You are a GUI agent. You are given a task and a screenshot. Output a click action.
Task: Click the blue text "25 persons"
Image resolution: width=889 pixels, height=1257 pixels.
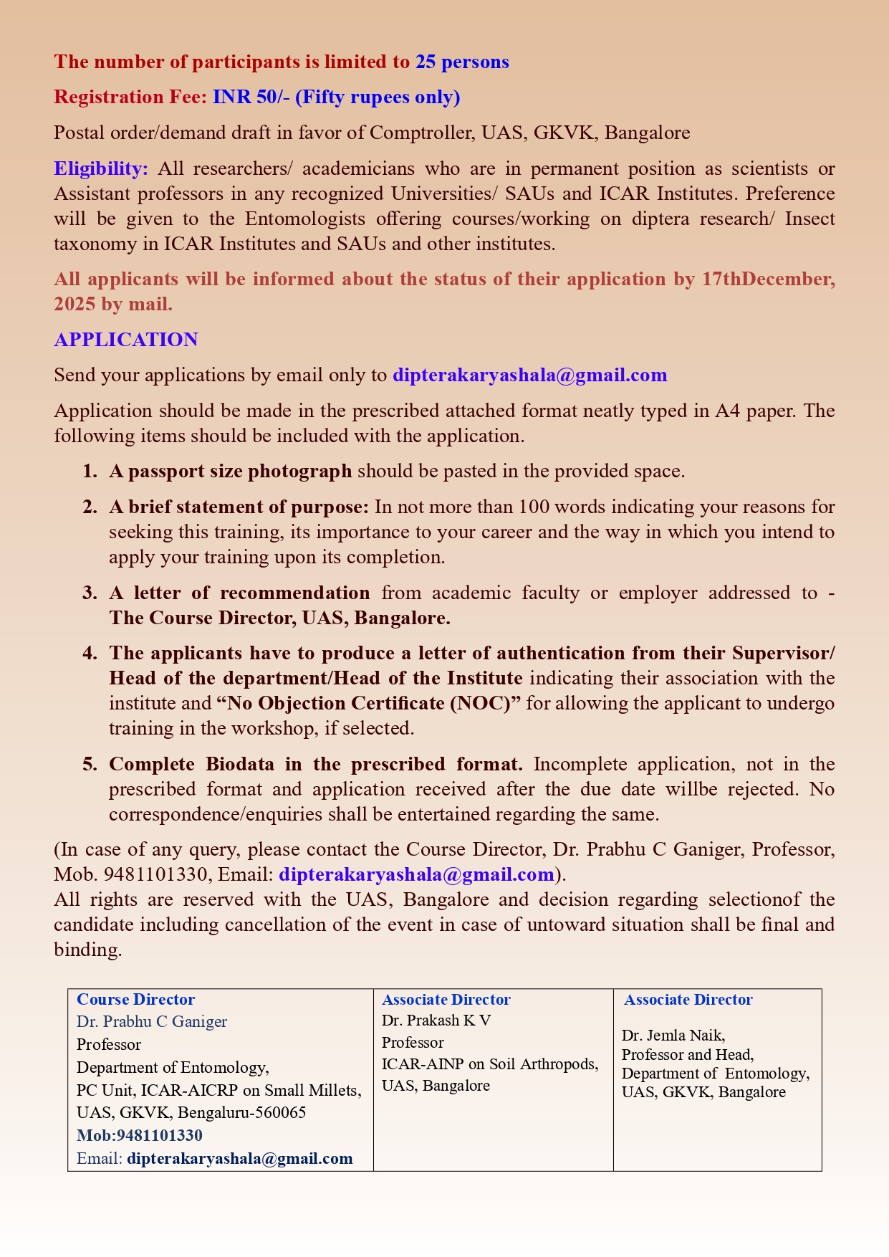pyautogui.click(x=462, y=62)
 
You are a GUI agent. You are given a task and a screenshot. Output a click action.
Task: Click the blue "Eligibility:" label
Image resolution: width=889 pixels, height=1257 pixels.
pyautogui.click(x=101, y=169)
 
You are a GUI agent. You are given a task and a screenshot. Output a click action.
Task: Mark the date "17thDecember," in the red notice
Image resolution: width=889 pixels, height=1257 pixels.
pyautogui.click(x=768, y=279)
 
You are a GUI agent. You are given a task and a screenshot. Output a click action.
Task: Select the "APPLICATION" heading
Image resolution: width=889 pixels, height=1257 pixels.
pyautogui.click(x=126, y=340)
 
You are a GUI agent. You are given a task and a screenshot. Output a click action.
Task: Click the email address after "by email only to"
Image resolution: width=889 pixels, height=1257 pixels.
pyautogui.click(x=530, y=375)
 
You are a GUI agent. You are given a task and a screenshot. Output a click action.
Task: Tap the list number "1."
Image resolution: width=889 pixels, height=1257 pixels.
pyautogui.click(x=89, y=471)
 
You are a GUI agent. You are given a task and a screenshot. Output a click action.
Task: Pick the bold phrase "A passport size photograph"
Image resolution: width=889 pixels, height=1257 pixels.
pyautogui.click(x=230, y=471)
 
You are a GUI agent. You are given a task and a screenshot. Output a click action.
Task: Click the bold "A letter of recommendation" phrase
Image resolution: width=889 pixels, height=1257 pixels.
pyautogui.click(x=239, y=593)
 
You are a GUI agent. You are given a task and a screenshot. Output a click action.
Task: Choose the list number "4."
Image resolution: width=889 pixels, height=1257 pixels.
pyautogui.click(x=89, y=653)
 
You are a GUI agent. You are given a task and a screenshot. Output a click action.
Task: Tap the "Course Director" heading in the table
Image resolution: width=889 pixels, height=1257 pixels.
pyautogui.click(x=135, y=999)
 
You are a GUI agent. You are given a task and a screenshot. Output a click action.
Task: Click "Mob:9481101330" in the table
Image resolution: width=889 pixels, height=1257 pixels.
pyautogui.click(x=140, y=1135)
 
